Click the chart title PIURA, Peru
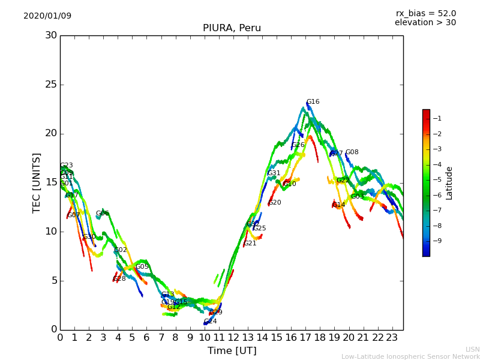232,28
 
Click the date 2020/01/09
47,16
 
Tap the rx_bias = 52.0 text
425,14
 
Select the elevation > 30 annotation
425,23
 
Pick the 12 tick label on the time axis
233,338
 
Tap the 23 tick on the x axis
392,338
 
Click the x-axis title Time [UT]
232,351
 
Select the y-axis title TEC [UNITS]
37,182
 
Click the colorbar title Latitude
449,183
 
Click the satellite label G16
313,102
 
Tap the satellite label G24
210,322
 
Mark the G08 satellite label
352,152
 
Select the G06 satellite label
103,214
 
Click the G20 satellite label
275,203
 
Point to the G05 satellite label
142,267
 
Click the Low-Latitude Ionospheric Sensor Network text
410,357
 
